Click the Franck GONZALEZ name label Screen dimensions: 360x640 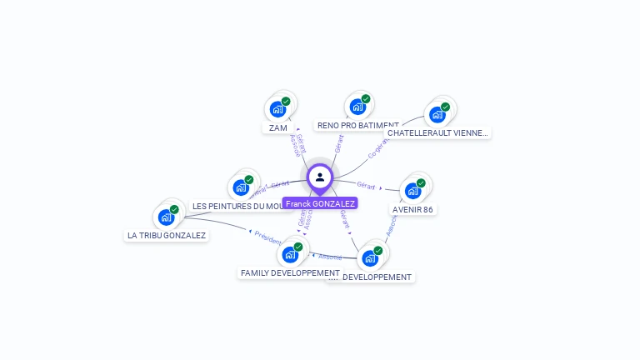[320, 203]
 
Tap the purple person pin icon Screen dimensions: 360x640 [320, 177]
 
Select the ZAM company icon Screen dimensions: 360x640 [277, 108]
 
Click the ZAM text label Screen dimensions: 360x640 [278, 128]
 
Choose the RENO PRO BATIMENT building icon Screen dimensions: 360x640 [357, 107]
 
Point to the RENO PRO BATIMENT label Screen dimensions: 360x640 [357, 126]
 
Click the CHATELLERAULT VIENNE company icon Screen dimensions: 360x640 [437, 114]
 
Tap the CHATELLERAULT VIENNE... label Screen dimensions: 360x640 [437, 132]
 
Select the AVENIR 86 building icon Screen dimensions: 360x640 [412, 191]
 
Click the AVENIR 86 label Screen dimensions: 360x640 [413, 210]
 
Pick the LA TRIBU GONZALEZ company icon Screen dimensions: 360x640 [166, 217]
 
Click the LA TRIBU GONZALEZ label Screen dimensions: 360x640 [167, 236]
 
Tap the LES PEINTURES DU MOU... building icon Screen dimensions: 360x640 [241, 187]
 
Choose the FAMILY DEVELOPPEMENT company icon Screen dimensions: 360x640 [290, 254]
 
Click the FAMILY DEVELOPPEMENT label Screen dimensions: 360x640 [290, 273]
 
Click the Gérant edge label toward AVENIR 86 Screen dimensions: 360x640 [366, 185]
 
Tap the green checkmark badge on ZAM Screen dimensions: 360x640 [286, 102]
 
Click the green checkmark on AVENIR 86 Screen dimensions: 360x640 [421, 183]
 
